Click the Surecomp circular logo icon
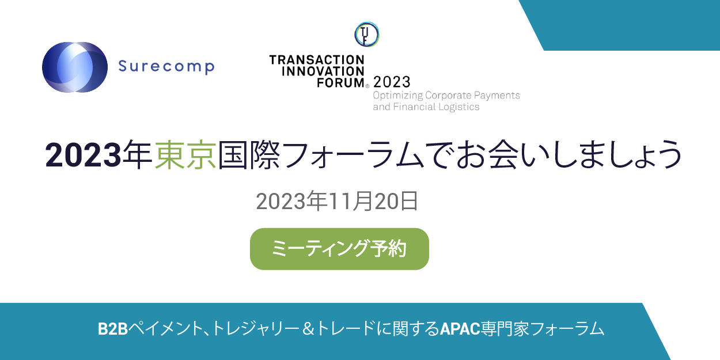click(x=75, y=67)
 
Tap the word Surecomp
click(x=166, y=67)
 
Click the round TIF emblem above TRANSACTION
click(x=366, y=35)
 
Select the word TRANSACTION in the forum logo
click(x=317, y=60)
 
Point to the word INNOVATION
click(x=317, y=71)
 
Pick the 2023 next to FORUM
click(x=392, y=82)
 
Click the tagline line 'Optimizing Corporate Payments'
click(x=446, y=95)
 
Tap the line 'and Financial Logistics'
click(x=426, y=107)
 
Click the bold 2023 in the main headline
click(x=84, y=154)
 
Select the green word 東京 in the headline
click(x=185, y=154)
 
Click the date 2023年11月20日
click(x=337, y=202)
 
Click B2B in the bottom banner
click(x=112, y=329)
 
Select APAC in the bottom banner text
click(x=460, y=329)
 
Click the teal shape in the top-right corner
click(x=628, y=24)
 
